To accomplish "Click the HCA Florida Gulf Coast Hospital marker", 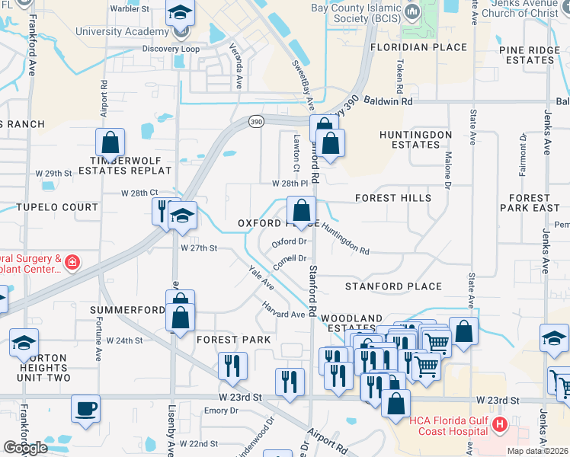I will coord(499,424).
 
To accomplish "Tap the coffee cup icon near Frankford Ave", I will coord(85,407).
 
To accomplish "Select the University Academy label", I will coord(122,32).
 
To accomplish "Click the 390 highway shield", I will coord(256,121).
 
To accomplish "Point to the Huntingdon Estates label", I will coord(416,139).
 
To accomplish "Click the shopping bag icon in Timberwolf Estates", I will coord(110,142).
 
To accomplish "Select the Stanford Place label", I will coord(393,286).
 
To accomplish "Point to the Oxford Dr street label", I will coord(289,243).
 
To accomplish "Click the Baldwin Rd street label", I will coord(388,101).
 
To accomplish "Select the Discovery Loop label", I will coord(171,49).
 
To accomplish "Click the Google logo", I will coord(25,447).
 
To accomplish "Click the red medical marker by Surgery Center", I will coord(72,263).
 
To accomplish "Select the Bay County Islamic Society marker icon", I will coord(411,11).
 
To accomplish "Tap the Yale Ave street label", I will coord(261,277).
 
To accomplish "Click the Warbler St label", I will coord(129,9).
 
